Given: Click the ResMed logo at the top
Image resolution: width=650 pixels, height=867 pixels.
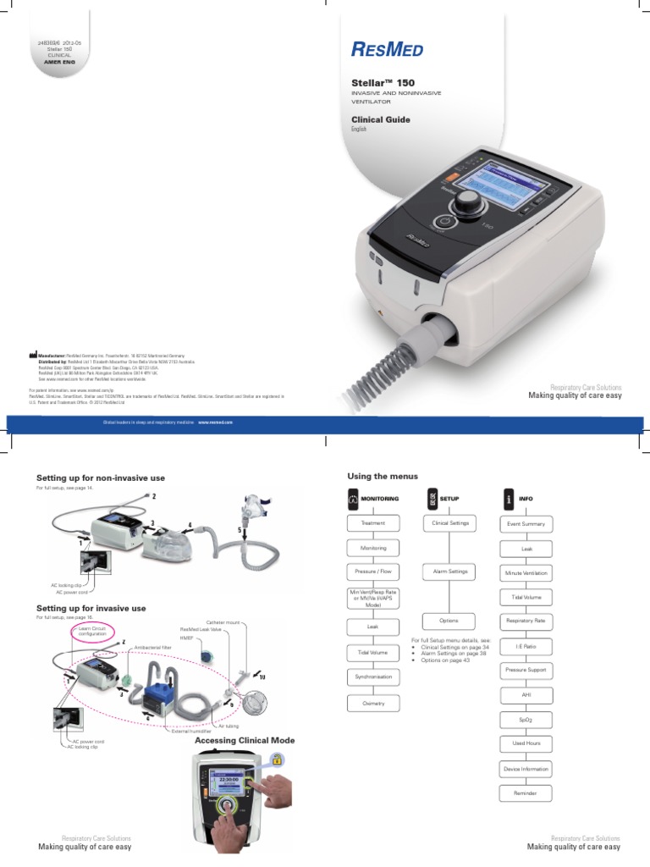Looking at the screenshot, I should pos(388,50).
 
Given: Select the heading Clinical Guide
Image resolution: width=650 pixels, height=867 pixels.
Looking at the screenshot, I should pos(381,120).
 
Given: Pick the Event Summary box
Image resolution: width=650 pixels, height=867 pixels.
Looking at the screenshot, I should pos(526,525).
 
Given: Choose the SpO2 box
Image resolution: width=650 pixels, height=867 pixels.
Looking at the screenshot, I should pos(526,719).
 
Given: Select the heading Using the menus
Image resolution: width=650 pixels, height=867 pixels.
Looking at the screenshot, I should pos(377,477).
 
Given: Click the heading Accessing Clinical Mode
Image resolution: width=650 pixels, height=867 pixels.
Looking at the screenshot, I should pos(245,741).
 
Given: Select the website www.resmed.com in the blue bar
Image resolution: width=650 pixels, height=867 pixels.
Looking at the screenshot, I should pos(215,420).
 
